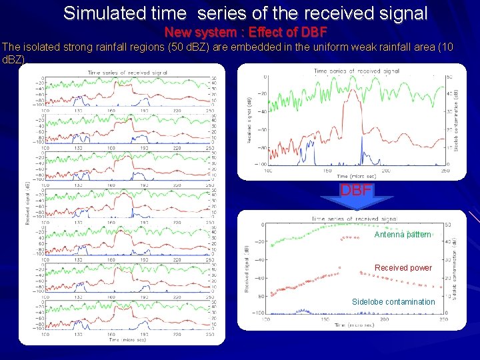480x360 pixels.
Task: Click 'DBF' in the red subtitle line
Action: [313, 32]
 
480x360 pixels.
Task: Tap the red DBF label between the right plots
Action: [356, 190]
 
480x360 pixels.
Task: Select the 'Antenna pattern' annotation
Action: [403, 235]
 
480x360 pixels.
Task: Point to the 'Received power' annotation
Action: [403, 268]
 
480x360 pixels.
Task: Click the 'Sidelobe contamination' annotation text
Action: [393, 302]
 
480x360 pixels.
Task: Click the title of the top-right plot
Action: [357, 70]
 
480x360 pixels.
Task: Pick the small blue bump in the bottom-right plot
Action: [303, 310]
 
